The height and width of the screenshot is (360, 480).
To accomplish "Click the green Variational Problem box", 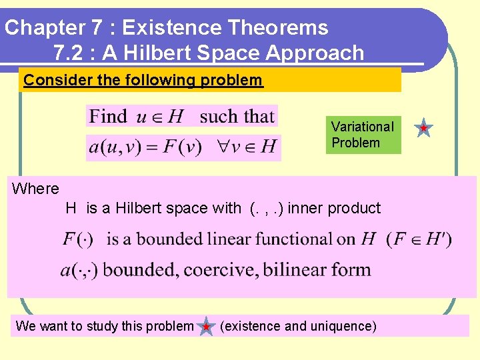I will pos(363,135).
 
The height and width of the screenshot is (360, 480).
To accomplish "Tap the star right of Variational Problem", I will pos(424,127).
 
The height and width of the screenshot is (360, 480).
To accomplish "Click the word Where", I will pos(35,189).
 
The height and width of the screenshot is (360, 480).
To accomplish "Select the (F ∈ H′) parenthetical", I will pos(419,239).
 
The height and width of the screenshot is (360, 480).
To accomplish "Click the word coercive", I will pos(219,270).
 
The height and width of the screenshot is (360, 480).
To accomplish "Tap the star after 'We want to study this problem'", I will pos(207,327).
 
